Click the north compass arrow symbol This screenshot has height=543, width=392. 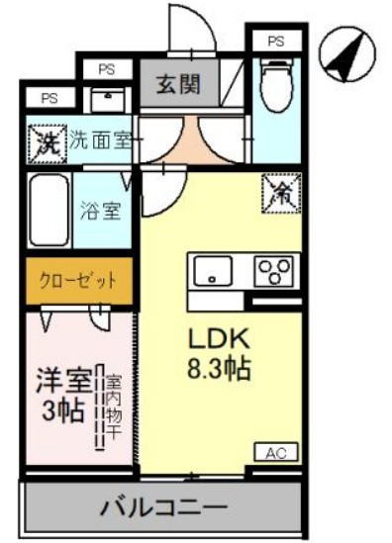pyautogui.click(x=345, y=57)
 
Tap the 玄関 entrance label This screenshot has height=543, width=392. pyautogui.click(x=179, y=84)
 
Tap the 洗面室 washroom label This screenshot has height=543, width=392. pyautogui.click(x=101, y=141)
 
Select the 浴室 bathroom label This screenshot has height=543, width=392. pyautogui.click(x=101, y=211)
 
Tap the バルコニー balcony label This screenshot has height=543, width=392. pyautogui.click(x=161, y=510)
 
